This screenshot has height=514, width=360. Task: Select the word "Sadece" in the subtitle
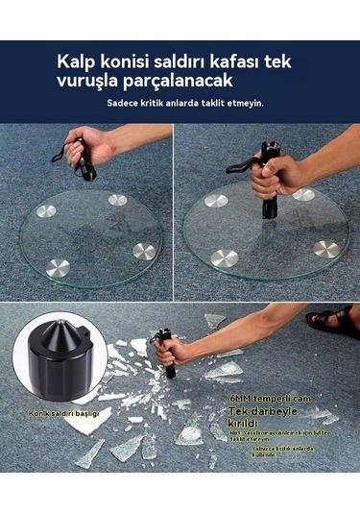tap(120, 103)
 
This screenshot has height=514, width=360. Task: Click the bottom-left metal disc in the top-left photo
tap(58, 268)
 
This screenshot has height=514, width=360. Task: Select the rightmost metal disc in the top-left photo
tap(144, 251)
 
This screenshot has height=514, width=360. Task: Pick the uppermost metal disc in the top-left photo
tap(117, 200)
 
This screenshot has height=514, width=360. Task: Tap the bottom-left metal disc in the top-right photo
tap(224, 257)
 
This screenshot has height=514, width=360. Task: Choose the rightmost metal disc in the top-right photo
tap(325, 248)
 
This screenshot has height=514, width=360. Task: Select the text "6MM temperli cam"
tap(255, 396)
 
